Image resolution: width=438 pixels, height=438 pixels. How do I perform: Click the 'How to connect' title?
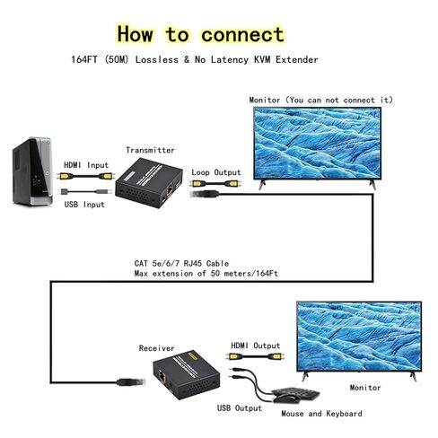click(x=200, y=34)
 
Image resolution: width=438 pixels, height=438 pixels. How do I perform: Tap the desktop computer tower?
click(x=32, y=171)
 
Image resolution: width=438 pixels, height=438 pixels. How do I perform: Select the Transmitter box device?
click(x=149, y=183)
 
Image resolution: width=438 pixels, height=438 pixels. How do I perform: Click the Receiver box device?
click(x=187, y=374)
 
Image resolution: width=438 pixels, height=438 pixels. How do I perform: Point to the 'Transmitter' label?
click(x=150, y=150)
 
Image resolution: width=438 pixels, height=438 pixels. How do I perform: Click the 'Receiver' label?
click(x=156, y=348)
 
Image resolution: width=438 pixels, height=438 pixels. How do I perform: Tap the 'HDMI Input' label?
click(x=86, y=165)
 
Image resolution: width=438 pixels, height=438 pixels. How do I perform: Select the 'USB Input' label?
click(x=84, y=205)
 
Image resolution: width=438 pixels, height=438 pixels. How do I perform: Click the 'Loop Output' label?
click(x=216, y=172)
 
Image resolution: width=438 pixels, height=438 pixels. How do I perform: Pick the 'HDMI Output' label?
click(x=256, y=346)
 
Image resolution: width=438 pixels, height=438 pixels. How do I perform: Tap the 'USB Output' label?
click(x=240, y=408)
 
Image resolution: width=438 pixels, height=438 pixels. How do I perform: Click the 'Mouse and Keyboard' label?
click(x=321, y=414)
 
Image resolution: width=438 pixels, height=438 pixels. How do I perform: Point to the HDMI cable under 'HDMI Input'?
click(x=85, y=176)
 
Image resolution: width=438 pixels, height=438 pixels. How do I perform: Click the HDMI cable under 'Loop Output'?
click(x=215, y=183)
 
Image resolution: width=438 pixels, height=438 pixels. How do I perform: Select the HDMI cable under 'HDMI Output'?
click(x=255, y=356)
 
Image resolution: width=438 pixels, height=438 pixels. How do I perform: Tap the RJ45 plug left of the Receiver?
click(x=131, y=382)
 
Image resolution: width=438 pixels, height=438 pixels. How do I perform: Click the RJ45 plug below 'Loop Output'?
click(x=205, y=194)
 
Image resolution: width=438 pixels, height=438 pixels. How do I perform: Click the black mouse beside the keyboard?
click(x=286, y=399)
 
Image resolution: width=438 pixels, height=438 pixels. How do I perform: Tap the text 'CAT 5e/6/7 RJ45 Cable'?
click(x=181, y=264)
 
